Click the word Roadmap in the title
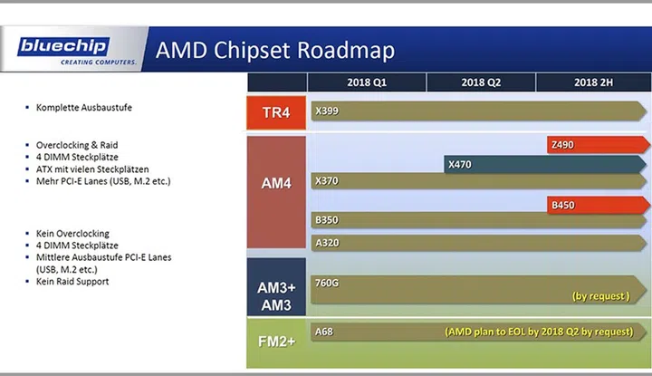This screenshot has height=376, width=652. [x=346, y=51]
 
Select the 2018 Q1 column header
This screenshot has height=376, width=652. [x=367, y=82]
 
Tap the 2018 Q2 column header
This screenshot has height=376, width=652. [x=481, y=82]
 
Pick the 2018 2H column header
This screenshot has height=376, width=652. [x=593, y=82]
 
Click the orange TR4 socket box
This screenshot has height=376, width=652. [x=276, y=112]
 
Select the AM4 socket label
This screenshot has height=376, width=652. [x=276, y=183]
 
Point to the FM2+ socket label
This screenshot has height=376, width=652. [x=276, y=342]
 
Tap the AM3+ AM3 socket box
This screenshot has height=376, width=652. [x=276, y=287]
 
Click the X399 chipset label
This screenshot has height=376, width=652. [x=327, y=111]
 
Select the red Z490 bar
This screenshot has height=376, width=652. [x=599, y=145]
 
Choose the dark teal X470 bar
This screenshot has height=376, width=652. [x=545, y=164]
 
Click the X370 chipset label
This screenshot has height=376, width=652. [x=327, y=181]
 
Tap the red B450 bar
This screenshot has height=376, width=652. [x=599, y=205]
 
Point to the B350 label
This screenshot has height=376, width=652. [x=327, y=220]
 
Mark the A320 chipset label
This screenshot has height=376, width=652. [x=327, y=243]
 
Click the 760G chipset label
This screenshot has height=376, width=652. [x=327, y=283]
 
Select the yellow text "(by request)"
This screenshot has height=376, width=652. [x=601, y=296]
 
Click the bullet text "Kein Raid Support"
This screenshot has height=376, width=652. [x=72, y=282]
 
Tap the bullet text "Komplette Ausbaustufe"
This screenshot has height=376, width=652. [x=84, y=107]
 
